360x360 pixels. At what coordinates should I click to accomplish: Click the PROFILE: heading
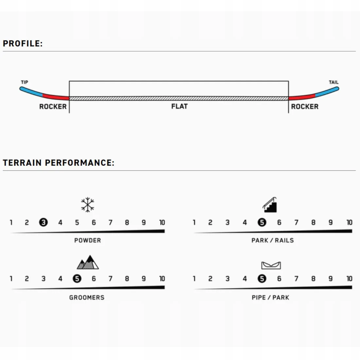click(23, 44)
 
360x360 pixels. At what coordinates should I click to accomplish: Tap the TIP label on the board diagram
click(25, 82)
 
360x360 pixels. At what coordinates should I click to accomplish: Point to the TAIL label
click(333, 82)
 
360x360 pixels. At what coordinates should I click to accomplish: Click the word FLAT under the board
click(180, 106)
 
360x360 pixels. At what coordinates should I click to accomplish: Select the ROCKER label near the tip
click(53, 107)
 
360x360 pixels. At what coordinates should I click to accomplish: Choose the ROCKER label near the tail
click(305, 107)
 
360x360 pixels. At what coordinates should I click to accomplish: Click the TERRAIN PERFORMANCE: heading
click(59, 163)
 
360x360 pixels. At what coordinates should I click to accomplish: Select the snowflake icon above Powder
click(88, 205)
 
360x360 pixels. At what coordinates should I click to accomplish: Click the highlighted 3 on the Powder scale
click(44, 222)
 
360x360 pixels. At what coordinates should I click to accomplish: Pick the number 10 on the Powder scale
click(162, 222)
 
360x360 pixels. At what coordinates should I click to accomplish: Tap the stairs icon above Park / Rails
click(270, 205)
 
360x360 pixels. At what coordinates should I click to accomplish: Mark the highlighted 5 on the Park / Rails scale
click(262, 222)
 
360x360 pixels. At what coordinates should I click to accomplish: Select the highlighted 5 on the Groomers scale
click(77, 279)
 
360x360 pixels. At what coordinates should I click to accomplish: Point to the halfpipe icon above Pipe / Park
click(271, 265)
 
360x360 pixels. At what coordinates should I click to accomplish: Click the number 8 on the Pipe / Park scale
click(314, 279)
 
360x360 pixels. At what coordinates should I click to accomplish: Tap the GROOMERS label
click(87, 297)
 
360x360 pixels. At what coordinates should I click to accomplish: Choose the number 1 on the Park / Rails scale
click(194, 222)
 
